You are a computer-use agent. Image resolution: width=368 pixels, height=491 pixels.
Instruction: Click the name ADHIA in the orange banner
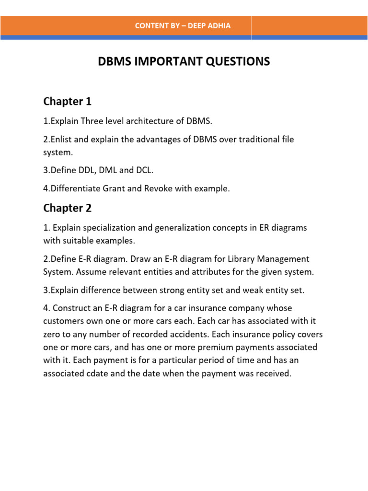pyautogui.click(x=219, y=26)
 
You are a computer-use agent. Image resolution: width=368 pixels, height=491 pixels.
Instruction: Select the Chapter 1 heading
pyautogui.click(x=67, y=101)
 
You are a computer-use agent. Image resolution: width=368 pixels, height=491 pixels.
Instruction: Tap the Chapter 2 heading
pyautogui.click(x=67, y=208)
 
